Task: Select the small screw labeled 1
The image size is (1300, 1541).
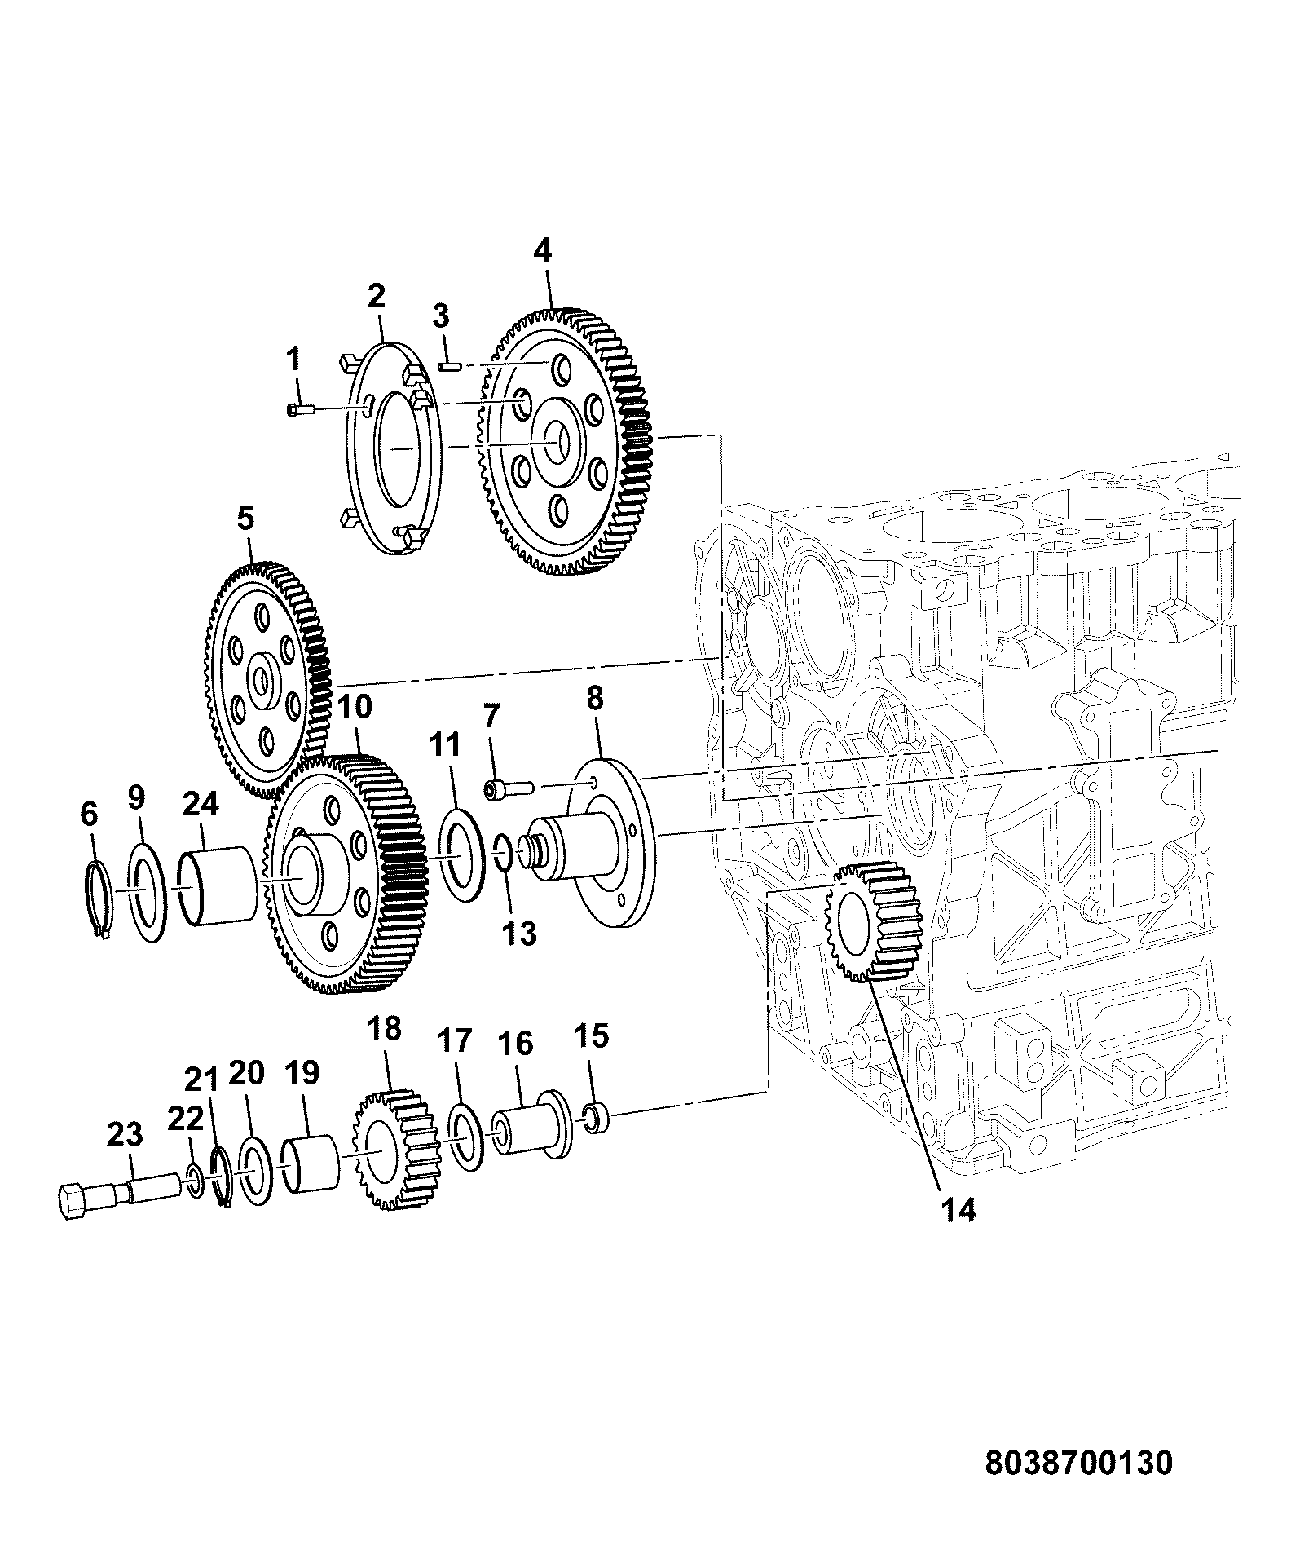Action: pos(301,410)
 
